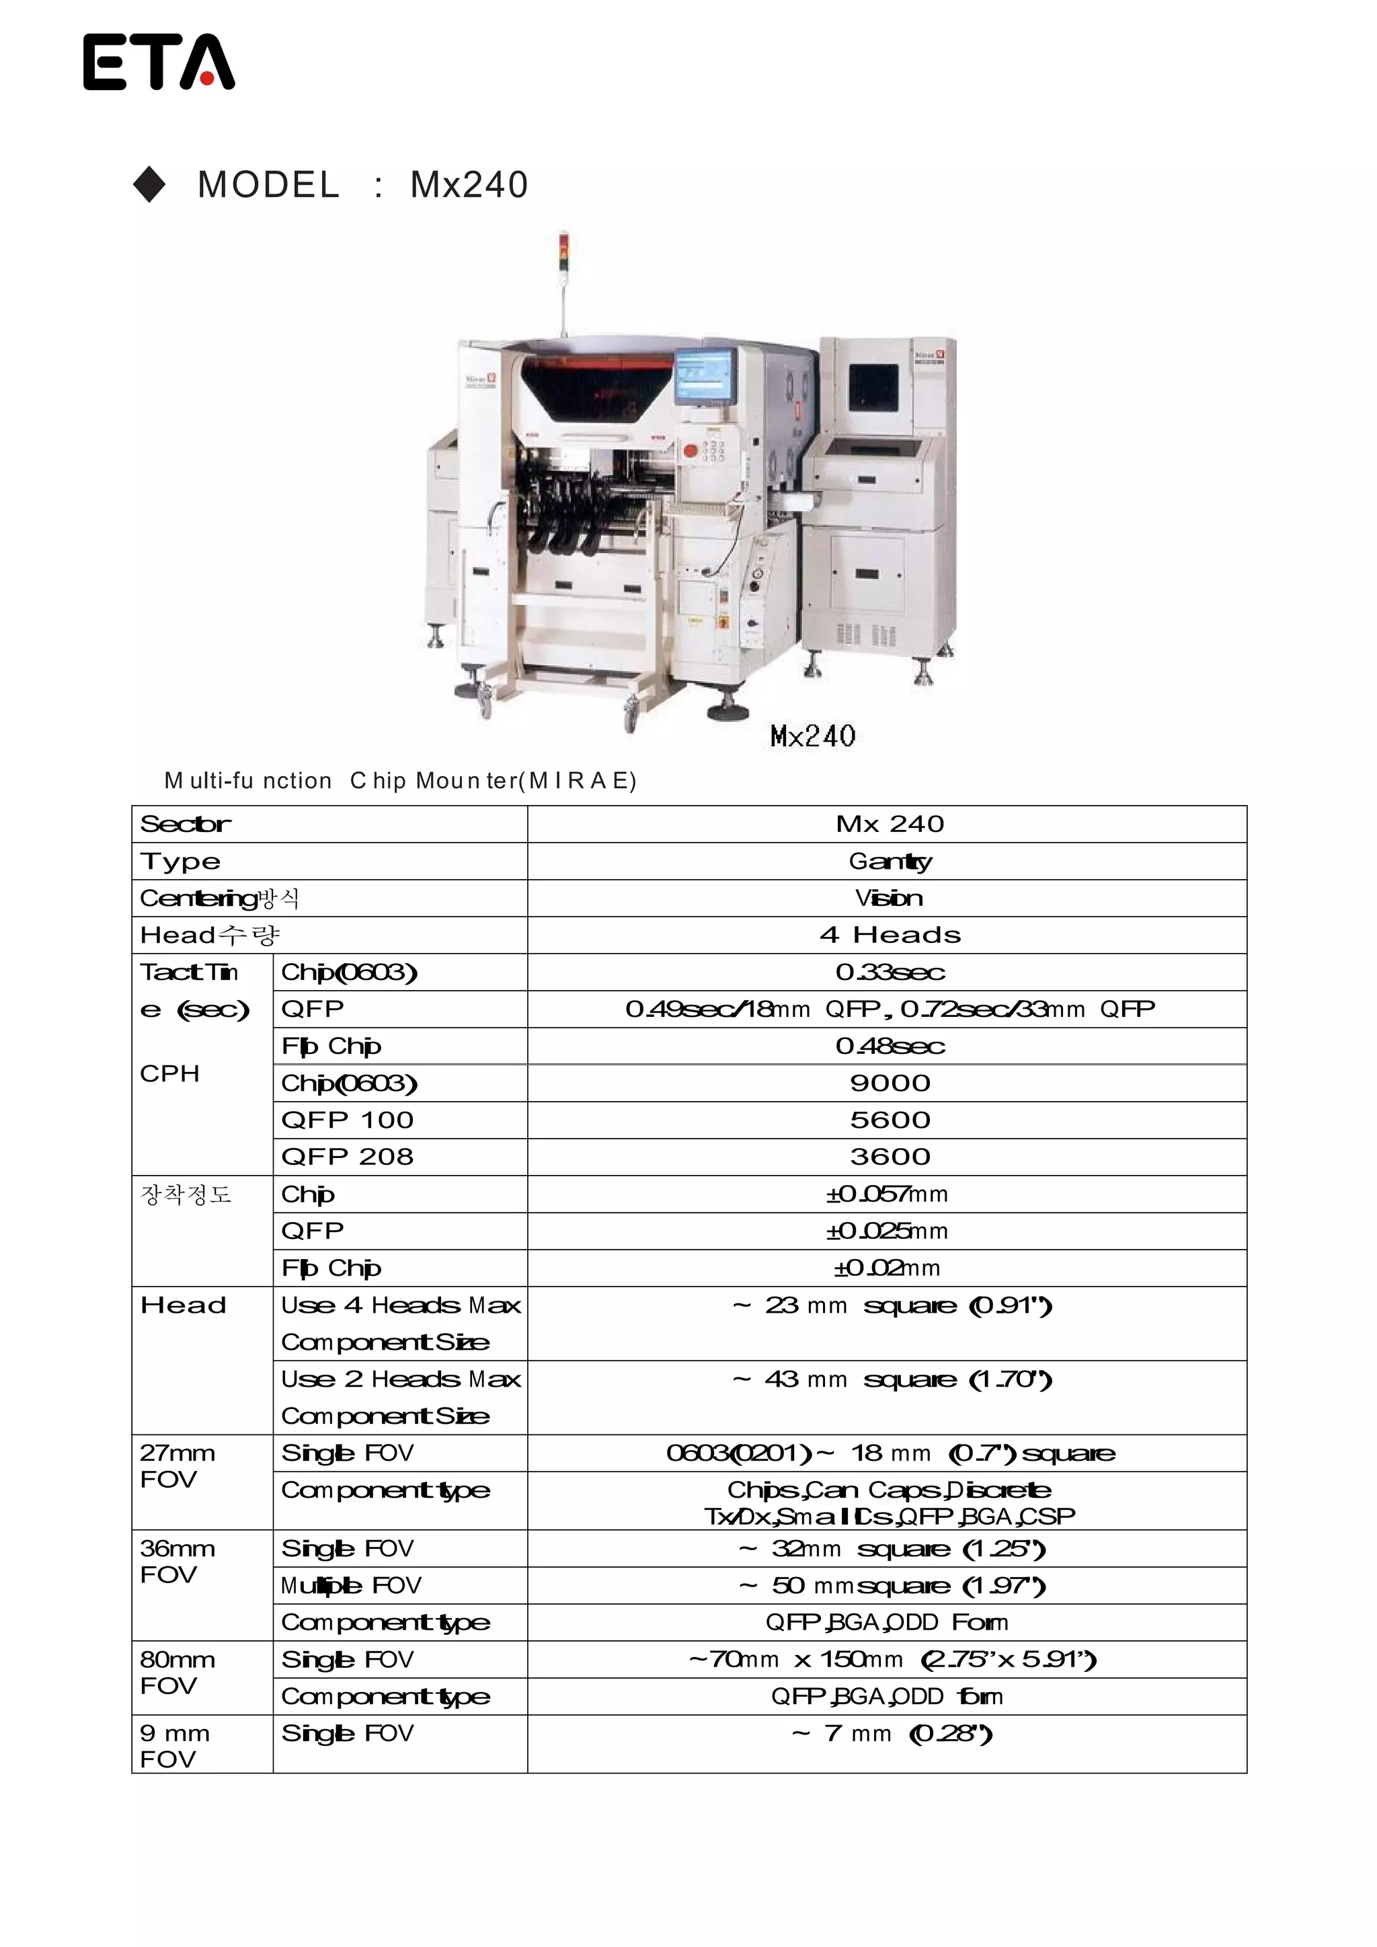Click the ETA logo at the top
[159, 62]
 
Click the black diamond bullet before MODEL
[150, 185]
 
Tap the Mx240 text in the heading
[469, 185]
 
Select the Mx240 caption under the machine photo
[812, 735]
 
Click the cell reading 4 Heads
[890, 934]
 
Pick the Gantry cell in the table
[890, 861]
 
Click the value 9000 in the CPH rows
[890, 1083]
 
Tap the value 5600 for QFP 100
[890, 1119]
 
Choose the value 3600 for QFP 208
[890, 1157]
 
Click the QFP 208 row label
[347, 1157]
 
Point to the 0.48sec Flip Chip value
[890, 1046]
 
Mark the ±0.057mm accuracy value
[887, 1194]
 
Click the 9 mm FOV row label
[175, 1746]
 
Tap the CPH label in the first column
[169, 1073]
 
